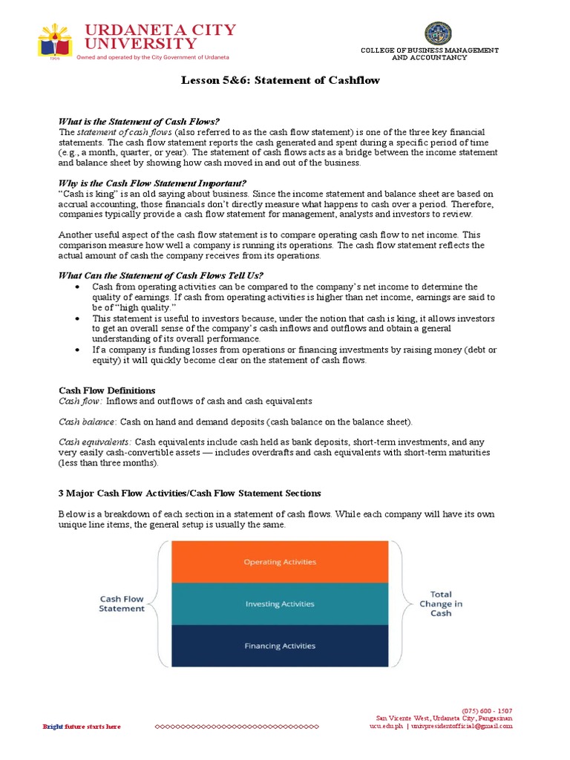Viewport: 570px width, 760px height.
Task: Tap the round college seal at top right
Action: point(437,33)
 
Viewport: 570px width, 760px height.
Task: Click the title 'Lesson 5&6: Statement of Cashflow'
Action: point(281,80)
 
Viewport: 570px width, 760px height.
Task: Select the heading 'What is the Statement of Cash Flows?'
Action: point(140,122)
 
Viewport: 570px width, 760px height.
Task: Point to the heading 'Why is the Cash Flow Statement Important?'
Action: point(152,183)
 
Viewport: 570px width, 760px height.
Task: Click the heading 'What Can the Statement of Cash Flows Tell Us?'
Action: point(160,275)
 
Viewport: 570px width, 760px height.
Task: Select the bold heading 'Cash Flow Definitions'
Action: point(107,390)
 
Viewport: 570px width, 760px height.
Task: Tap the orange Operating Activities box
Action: point(280,562)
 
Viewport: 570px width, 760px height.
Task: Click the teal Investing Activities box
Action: point(280,604)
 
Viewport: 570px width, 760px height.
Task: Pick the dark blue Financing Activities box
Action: point(280,646)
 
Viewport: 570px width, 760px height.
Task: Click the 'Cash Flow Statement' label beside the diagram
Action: point(122,603)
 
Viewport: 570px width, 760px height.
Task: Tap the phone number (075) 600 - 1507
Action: point(486,710)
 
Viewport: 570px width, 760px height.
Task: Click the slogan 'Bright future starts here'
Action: point(82,727)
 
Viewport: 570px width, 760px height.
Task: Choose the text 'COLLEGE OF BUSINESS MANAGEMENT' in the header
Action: point(429,50)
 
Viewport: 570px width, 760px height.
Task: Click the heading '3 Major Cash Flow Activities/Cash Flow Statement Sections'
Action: point(190,494)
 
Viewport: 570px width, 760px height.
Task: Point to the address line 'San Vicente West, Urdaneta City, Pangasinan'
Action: point(443,718)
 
